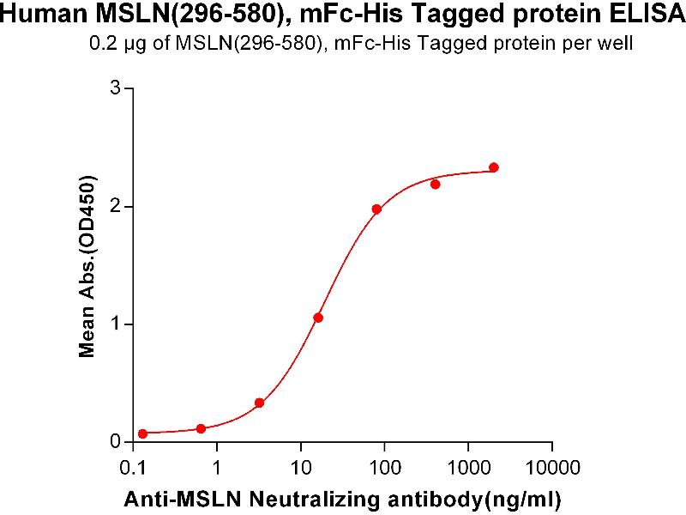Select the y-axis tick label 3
pyautogui.click(x=117, y=88)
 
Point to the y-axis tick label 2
pyautogui.click(x=117, y=207)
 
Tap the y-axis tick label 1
pyautogui.click(x=117, y=324)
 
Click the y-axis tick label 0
pyautogui.click(x=117, y=442)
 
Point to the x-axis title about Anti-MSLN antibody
pyautogui.click(x=342, y=498)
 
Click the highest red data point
pyautogui.click(x=494, y=167)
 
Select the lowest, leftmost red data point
pyautogui.click(x=142, y=433)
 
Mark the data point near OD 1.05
pyautogui.click(x=318, y=318)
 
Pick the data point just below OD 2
pyautogui.click(x=376, y=209)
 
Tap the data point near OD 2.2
pyautogui.click(x=436, y=184)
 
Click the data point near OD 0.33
pyautogui.click(x=259, y=403)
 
